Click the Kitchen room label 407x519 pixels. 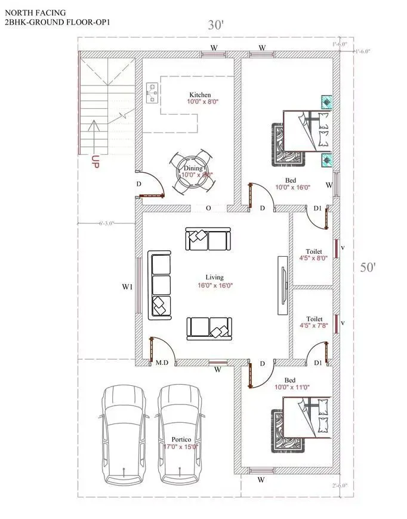[200, 95]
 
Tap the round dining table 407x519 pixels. [190, 171]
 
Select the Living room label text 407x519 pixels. [214, 277]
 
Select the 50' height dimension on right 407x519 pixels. [368, 267]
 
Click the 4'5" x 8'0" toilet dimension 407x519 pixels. [314, 259]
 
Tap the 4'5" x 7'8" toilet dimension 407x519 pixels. [314, 326]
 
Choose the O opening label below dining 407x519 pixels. [208, 208]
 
